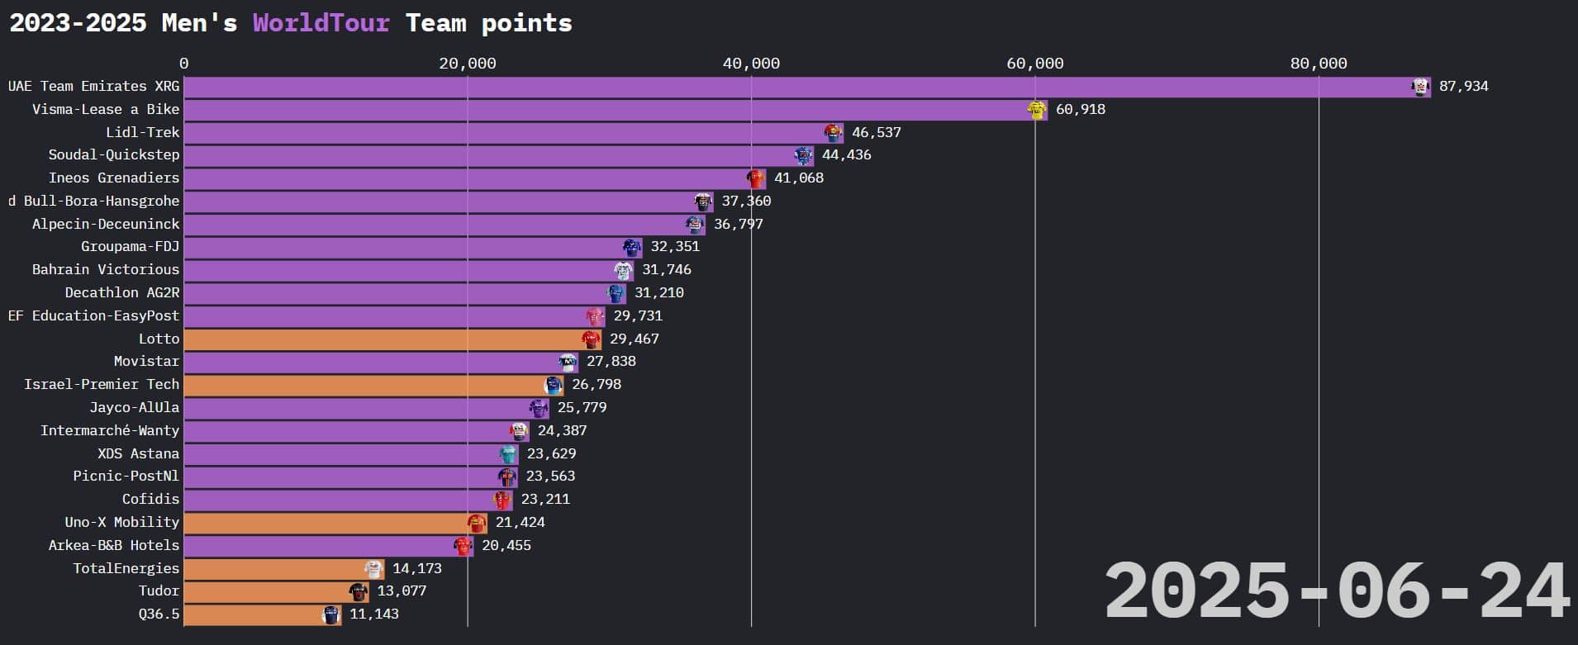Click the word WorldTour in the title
point(321,22)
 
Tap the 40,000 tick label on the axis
point(751,64)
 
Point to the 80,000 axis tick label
point(1319,64)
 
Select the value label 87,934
point(1463,87)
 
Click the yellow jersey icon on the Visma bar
point(1037,110)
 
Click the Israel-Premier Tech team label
point(102,385)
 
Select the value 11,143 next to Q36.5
point(373,614)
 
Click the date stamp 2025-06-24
point(1336,591)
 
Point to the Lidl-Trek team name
point(142,132)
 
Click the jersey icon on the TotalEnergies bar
point(374,569)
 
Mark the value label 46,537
point(876,132)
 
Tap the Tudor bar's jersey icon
point(359,591)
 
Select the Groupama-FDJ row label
point(130,247)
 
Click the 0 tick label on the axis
point(183,64)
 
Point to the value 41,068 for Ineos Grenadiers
point(798,178)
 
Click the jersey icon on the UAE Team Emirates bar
point(1420,87)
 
